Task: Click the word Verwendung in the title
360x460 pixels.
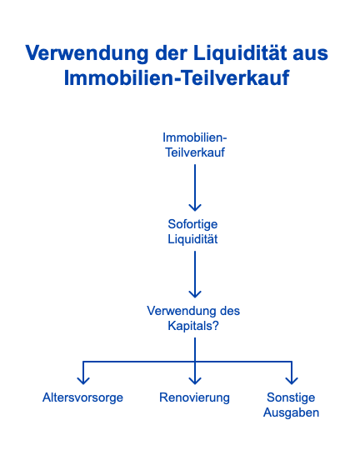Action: pos(87,54)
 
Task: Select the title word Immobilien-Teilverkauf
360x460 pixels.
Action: pos(177,77)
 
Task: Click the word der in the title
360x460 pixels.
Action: pos(171,53)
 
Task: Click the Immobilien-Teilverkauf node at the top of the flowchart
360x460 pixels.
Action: pos(195,145)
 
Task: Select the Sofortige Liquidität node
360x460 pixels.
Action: pos(192,232)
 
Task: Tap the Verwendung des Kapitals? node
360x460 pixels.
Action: pos(193,318)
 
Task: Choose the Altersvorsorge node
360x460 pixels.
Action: pos(82,398)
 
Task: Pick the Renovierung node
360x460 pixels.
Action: pos(194,397)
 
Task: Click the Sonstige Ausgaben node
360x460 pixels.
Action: pos(291,405)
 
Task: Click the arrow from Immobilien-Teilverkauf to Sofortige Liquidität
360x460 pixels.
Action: pos(195,187)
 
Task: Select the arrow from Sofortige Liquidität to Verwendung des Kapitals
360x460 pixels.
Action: pos(195,275)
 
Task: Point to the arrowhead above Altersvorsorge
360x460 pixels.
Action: pos(83,381)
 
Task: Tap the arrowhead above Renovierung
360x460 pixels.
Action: pos(195,381)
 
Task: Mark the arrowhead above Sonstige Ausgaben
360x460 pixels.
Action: pos(292,381)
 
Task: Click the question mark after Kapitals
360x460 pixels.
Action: pos(216,326)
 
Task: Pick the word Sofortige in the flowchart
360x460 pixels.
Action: pos(192,225)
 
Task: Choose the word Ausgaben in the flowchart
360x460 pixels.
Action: pos(291,413)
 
